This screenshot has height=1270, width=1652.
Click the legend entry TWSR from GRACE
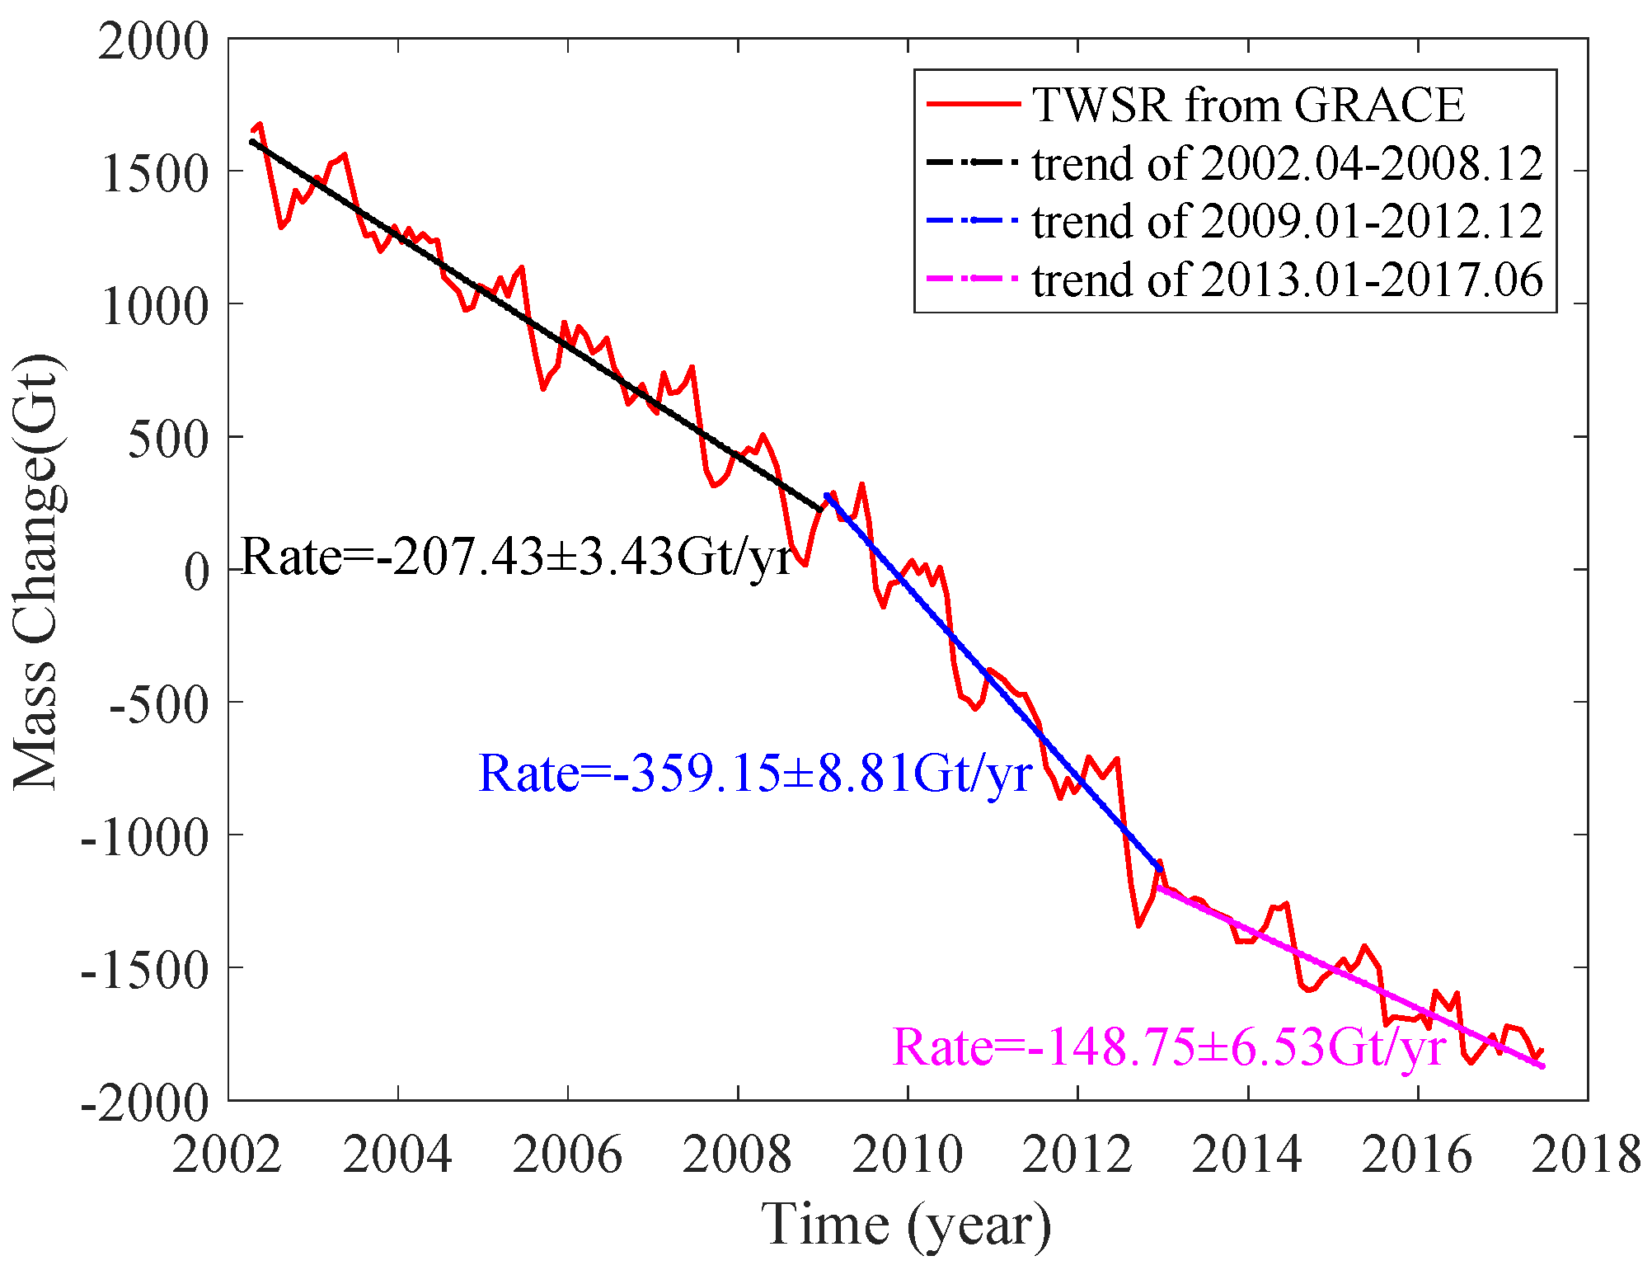(1248, 105)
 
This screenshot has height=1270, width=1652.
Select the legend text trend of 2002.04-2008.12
(1287, 163)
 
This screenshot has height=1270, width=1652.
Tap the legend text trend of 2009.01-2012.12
(1287, 222)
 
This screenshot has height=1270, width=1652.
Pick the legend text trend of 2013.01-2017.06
(1287, 280)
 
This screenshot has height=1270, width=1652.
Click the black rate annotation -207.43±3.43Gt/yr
(517, 557)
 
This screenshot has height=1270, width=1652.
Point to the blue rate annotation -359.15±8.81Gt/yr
(754, 774)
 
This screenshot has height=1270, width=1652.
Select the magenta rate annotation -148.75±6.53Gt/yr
(1169, 1047)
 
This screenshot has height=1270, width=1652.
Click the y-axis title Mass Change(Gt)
(36, 571)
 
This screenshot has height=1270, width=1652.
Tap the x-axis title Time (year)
(906, 1225)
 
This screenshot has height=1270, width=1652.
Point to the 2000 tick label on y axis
(154, 40)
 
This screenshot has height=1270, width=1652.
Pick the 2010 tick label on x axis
(907, 1154)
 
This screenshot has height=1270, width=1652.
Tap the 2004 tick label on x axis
(397, 1154)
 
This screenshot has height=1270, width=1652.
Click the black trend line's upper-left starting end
(251, 141)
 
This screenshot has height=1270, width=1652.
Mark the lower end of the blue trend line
(1160, 869)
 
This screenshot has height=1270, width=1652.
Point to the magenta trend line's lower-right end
(1542, 1066)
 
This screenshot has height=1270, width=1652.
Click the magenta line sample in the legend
(974, 280)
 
